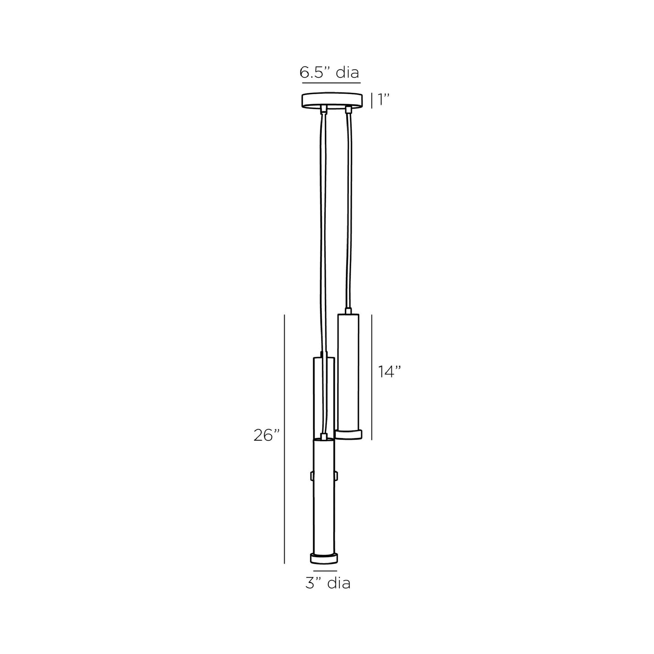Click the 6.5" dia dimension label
330,72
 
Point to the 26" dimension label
267,436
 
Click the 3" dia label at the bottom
328,583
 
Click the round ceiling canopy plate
333,100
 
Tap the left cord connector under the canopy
323,109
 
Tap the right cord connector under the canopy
348,109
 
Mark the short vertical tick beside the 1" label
372,100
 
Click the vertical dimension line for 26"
284,439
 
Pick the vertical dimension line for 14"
372,377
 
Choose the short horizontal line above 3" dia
325,571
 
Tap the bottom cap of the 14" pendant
348,435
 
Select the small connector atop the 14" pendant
348,311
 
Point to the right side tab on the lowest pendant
336,476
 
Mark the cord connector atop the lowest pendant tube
323,437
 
